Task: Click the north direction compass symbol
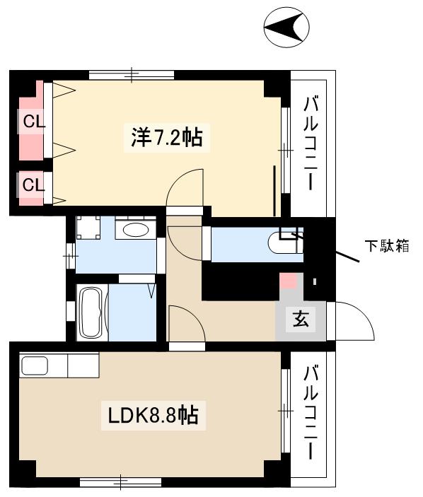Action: (x=286, y=28)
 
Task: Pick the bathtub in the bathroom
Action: (x=91, y=312)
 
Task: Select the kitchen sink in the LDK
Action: (x=35, y=366)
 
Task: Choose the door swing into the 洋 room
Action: (x=185, y=187)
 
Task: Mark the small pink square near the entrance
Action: (x=289, y=279)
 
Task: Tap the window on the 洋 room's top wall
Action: (x=132, y=74)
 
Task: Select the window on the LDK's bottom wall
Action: (x=120, y=482)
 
